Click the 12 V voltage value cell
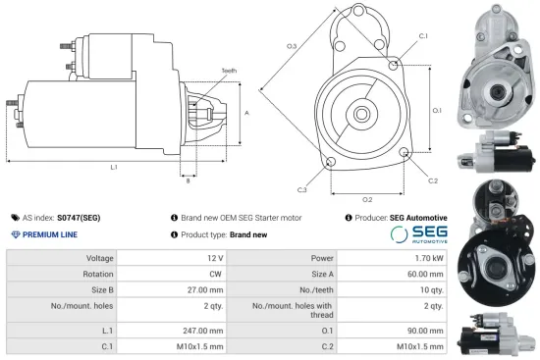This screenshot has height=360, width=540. coord(215,257)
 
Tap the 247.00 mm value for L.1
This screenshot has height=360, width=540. coord(203,331)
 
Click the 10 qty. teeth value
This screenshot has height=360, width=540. coord(433,290)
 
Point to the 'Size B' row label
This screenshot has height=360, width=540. coord(102,290)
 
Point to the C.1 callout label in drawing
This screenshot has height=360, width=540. coord(422,35)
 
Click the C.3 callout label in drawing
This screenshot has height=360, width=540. coord(300,189)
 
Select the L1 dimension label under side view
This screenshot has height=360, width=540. coord(113,167)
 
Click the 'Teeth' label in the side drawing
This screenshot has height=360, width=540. coord(229,72)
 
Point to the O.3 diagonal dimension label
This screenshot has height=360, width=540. coord(292,46)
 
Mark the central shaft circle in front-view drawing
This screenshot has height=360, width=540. coord(362,114)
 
